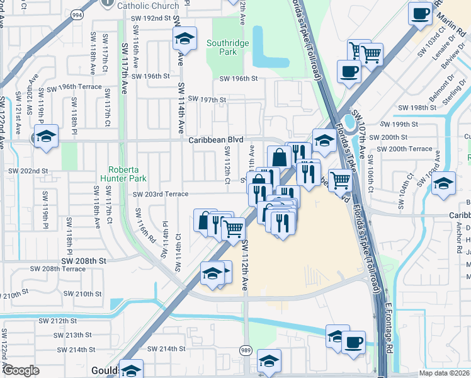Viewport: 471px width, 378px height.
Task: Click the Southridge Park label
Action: pos(228,47)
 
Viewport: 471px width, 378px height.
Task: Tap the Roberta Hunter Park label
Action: pos(127,174)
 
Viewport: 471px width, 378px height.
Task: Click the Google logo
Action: pos(20,370)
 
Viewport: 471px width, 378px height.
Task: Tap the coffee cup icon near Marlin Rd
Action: pos(420,13)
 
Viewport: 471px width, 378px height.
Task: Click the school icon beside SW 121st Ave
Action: pos(46,137)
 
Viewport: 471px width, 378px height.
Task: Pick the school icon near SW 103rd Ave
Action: pos(444,183)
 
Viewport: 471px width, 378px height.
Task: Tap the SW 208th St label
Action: pos(84,260)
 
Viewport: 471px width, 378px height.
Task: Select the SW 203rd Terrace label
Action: pos(161,194)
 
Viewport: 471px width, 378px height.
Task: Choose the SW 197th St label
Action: pos(205,100)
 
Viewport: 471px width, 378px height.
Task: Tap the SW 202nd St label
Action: pos(28,171)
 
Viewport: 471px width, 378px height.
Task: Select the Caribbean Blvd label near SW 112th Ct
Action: pos(216,140)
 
